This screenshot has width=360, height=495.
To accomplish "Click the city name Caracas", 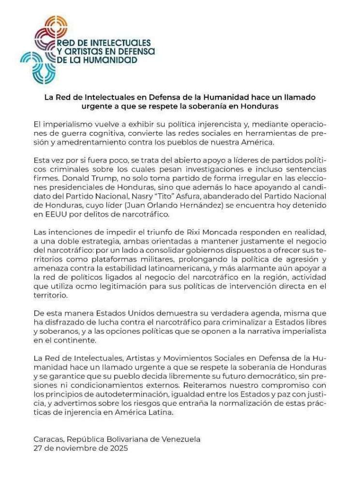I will [48, 439].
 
